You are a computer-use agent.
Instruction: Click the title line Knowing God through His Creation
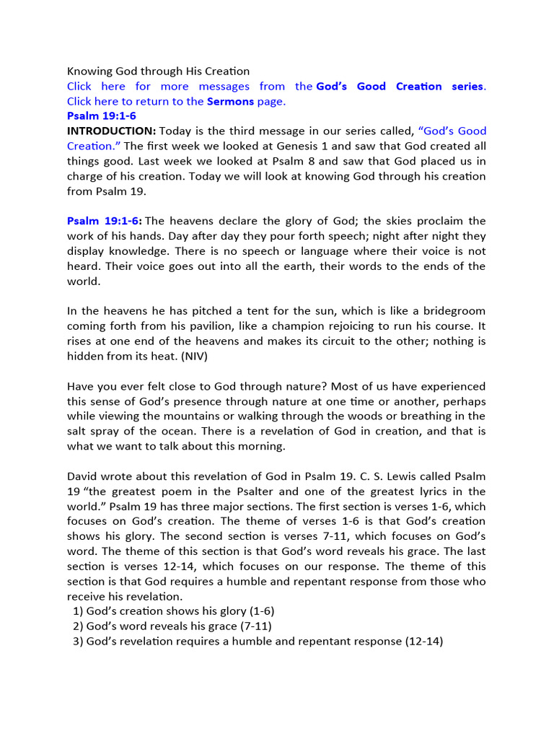tap(158, 71)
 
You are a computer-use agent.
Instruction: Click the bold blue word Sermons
tap(230, 101)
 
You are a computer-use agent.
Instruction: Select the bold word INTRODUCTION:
tap(111, 131)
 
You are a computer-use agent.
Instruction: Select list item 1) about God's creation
tap(173, 611)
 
